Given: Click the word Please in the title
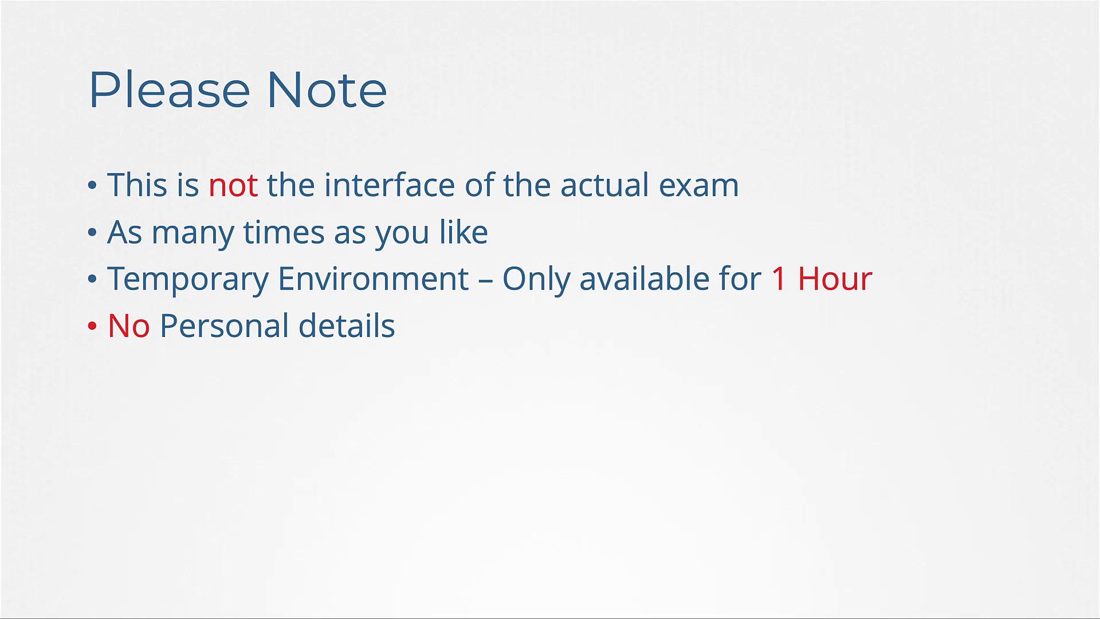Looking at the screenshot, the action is [170, 89].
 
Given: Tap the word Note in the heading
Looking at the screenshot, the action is [327, 89].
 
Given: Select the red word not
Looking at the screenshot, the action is [233, 186].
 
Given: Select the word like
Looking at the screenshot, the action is [463, 232].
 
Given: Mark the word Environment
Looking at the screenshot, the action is [374, 279].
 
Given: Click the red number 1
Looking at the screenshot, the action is [779, 279].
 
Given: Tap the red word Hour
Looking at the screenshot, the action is [835, 279].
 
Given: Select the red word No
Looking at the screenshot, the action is [129, 326].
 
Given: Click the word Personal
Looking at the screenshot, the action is [224, 326].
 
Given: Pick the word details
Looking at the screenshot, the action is [347, 326].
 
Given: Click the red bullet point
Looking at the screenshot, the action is [92, 326].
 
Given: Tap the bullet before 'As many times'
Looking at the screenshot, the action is [92, 232].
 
